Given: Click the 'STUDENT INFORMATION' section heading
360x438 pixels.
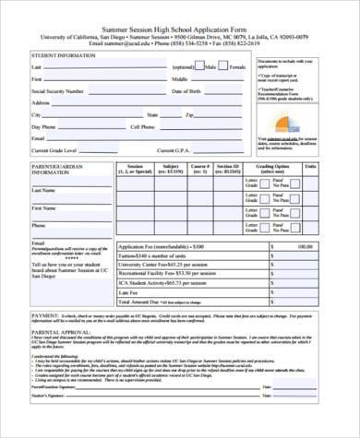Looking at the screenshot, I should pyautogui.click(x=62, y=55).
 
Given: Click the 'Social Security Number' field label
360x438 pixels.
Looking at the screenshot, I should pyautogui.click(x=58, y=91).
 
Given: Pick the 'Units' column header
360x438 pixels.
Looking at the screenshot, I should pyautogui.click(x=337, y=167).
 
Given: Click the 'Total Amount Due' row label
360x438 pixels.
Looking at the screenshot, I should pyautogui.click(x=148, y=302).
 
